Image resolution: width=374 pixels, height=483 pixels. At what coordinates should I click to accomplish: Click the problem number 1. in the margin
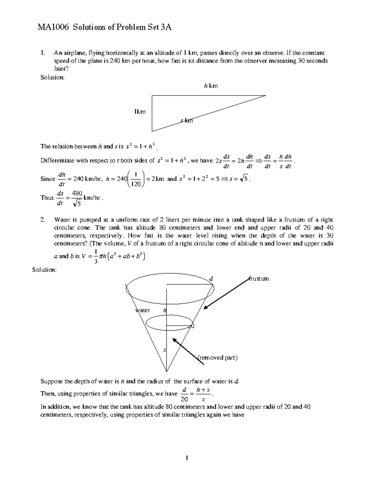tap(43, 53)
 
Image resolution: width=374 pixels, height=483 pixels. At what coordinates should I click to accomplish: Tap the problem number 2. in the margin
tap(43, 220)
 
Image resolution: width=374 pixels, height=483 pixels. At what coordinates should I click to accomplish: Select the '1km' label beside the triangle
tap(140, 111)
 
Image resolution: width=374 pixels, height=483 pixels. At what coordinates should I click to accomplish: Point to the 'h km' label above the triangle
tap(211, 86)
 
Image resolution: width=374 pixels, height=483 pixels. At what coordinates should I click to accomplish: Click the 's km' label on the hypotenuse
tap(187, 121)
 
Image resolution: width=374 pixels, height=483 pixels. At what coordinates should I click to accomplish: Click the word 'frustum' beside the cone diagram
tap(259, 278)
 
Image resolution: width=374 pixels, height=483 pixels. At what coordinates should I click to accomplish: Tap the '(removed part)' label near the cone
tap(218, 358)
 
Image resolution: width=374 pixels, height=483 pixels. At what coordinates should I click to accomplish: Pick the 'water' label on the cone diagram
tap(142, 310)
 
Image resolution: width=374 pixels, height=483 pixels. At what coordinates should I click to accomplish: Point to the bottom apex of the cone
tap(167, 371)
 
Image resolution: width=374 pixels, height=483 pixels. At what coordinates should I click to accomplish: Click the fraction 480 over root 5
tap(77, 198)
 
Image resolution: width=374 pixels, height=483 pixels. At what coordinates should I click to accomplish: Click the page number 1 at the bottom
tap(187, 458)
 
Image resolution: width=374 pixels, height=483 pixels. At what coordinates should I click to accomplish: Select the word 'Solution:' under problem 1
tap(53, 77)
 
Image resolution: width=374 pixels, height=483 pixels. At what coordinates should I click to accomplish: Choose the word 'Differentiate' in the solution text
tap(57, 160)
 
